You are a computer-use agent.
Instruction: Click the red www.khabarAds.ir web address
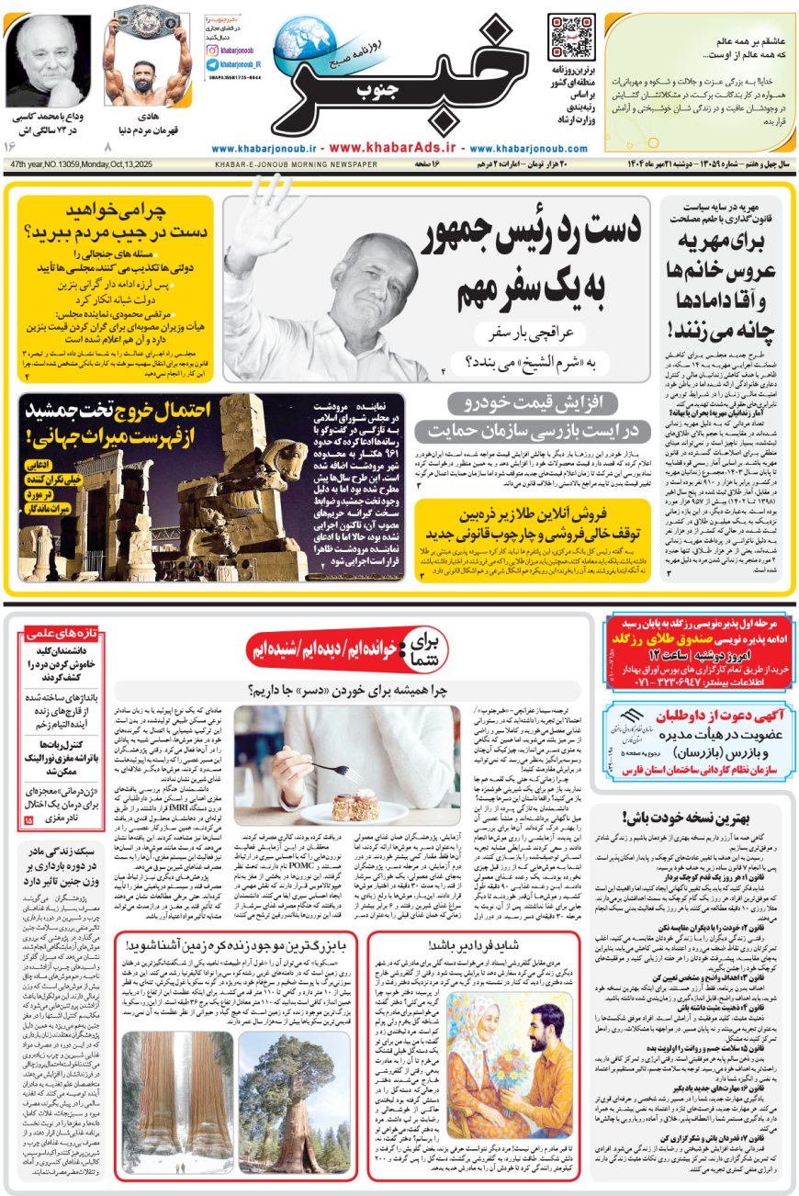(393, 148)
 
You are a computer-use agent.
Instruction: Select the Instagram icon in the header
(212, 50)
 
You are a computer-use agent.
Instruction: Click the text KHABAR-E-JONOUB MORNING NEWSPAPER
(296, 164)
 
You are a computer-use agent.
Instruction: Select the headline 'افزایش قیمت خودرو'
(524, 402)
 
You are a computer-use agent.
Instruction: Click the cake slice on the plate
(354, 807)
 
